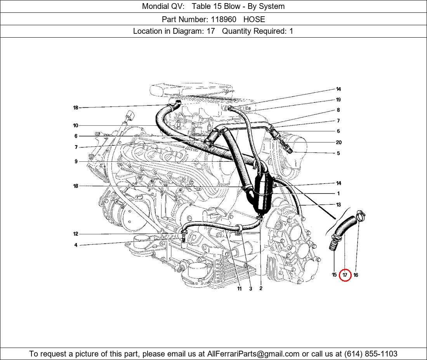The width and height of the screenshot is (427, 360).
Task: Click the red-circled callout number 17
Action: (x=345, y=275)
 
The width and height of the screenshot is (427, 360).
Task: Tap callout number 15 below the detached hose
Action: (x=334, y=275)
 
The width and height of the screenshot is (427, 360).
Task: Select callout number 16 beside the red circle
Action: (x=356, y=275)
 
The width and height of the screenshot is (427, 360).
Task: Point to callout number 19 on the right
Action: (x=338, y=100)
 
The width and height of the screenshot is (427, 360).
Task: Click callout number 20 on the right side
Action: (x=338, y=142)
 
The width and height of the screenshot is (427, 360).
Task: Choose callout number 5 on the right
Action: (x=338, y=153)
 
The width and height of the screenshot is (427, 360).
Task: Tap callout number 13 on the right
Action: (x=338, y=204)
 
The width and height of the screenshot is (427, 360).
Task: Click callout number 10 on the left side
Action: (x=75, y=125)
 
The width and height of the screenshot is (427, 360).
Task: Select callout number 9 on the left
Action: (x=76, y=161)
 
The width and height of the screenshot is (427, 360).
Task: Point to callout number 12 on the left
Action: (x=75, y=234)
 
